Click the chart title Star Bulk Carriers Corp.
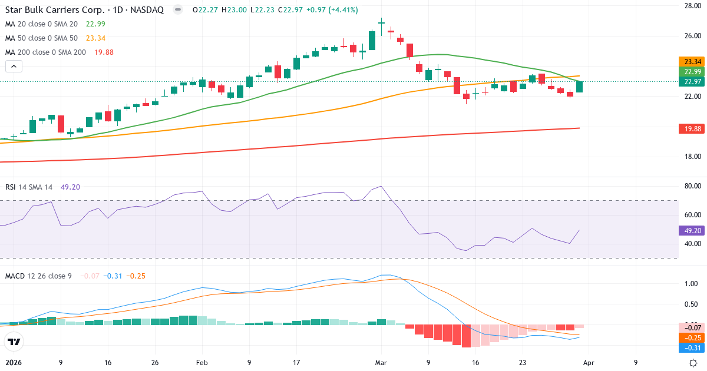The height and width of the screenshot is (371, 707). [x=57, y=10]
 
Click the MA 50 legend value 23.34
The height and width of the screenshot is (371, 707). [x=95, y=38]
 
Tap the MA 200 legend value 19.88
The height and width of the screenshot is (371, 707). [x=104, y=52]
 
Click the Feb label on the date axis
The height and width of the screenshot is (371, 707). [x=201, y=363]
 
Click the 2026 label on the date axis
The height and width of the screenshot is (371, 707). [x=14, y=363]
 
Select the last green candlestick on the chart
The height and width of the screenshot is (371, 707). [x=579, y=87]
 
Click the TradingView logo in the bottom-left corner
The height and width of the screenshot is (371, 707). [x=14, y=342]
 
